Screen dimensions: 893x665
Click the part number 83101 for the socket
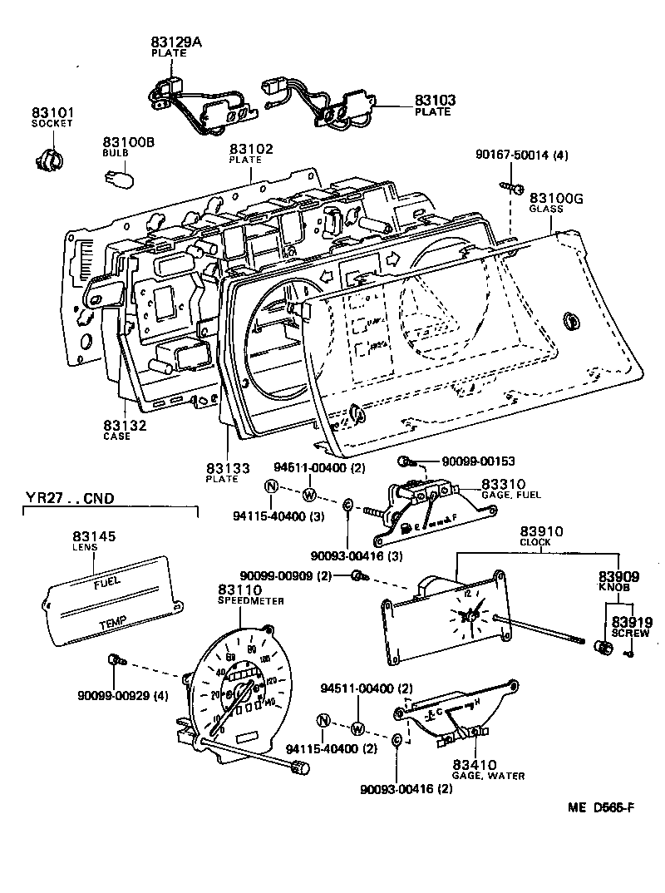coord(52,111)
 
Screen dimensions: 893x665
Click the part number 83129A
coord(174,41)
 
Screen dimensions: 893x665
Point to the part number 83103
coord(435,101)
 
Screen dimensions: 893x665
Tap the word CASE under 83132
coord(116,436)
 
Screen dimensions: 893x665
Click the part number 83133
coord(226,468)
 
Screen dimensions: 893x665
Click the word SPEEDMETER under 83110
coord(251,599)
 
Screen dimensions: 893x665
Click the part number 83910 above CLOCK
coord(542,530)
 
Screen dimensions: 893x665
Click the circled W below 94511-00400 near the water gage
coord(357,728)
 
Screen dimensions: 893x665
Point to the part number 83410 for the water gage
coord(475,765)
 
